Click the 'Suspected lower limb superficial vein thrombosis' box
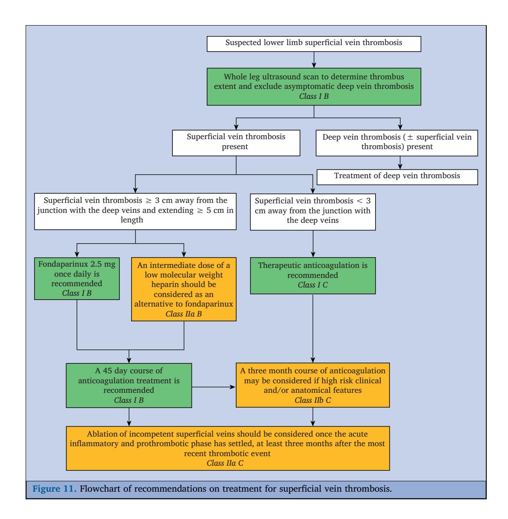314,44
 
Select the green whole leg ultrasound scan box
314,87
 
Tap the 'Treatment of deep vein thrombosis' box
397,177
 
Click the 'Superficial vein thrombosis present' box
236,143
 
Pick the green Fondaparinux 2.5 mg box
77,279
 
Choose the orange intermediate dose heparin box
184,289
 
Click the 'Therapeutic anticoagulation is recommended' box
313,276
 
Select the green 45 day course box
129,385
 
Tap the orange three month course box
313,385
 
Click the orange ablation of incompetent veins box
228,448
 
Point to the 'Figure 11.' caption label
54,489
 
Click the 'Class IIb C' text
313,400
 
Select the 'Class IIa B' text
184,314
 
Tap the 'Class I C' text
313,285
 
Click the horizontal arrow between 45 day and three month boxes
214,387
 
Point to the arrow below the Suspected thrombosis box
314,60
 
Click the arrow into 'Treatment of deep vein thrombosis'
400,163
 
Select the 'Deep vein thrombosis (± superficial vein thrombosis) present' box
397,143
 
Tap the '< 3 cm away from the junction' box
313,212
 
